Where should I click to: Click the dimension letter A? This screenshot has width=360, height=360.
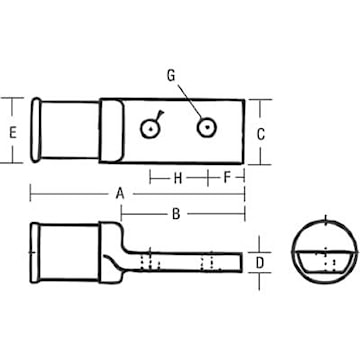(x=119, y=191)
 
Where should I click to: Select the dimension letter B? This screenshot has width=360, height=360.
(x=175, y=212)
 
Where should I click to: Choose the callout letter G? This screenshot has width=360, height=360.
(x=169, y=74)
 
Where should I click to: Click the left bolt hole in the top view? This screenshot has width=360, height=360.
(x=149, y=128)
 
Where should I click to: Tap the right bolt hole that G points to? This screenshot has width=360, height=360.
(x=207, y=127)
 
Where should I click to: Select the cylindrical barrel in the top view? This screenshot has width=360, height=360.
(x=70, y=131)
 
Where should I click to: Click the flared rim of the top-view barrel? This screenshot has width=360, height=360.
(x=34, y=131)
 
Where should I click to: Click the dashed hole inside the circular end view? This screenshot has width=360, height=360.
(x=324, y=263)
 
